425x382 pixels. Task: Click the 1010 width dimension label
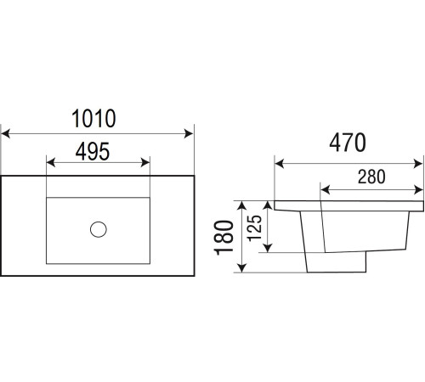click(x=93, y=118)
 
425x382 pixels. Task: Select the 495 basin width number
click(x=93, y=151)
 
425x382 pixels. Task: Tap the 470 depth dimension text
click(x=348, y=143)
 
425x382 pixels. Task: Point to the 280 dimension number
click(x=371, y=177)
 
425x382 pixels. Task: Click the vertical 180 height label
click(x=224, y=238)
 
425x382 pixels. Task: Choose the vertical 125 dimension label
click(x=254, y=228)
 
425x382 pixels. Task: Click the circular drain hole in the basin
click(x=99, y=229)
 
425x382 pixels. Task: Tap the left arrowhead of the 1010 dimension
click(x=6, y=133)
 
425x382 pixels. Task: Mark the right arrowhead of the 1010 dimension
click(x=189, y=133)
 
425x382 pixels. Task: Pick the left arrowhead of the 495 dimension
click(x=51, y=163)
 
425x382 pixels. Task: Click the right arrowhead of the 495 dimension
click(x=145, y=163)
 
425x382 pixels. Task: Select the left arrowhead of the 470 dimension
click(x=280, y=164)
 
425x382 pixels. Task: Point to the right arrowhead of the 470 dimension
click(x=418, y=164)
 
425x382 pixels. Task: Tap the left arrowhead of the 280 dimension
click(x=326, y=190)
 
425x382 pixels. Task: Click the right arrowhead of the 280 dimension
click(x=418, y=190)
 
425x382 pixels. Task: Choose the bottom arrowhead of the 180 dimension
click(x=241, y=267)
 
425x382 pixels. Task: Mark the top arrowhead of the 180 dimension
click(x=241, y=205)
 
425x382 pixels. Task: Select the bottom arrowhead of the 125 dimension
click(x=268, y=248)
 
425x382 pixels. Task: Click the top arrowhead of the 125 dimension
click(x=268, y=205)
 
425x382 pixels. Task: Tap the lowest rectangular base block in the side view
click(x=337, y=262)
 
